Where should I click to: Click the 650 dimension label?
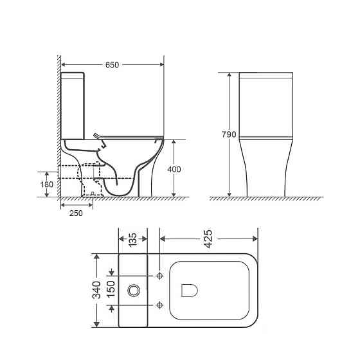coord(112,64)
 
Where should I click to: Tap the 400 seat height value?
coord(174,169)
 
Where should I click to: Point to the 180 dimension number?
coord(46,184)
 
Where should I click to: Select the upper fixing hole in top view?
coord(159,275)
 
